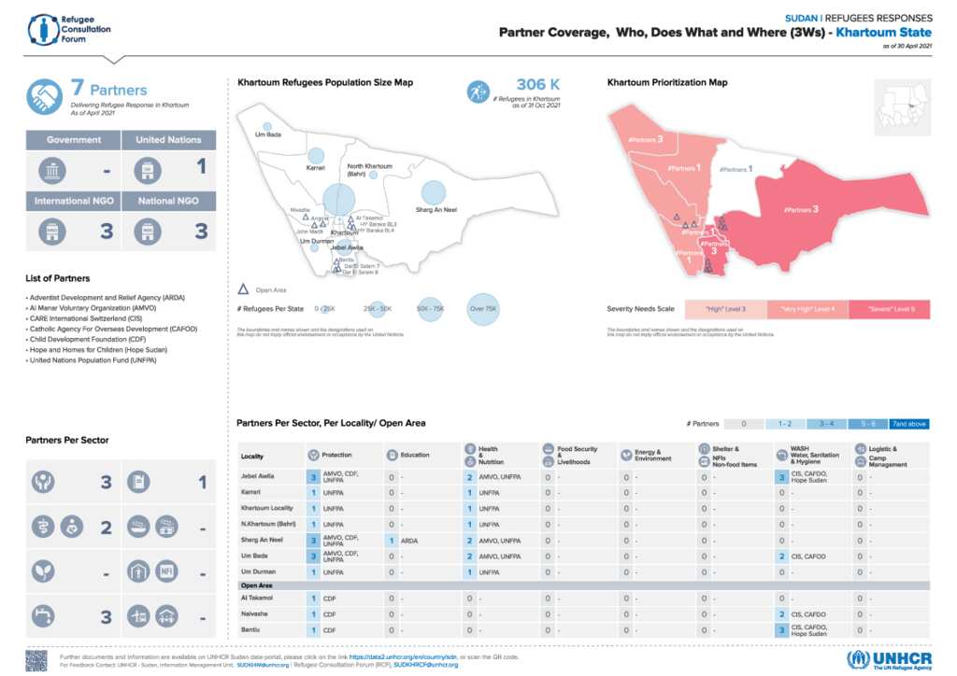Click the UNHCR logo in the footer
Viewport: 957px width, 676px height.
pyautogui.click(x=888, y=659)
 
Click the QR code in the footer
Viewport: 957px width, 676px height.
pyautogui.click(x=36, y=660)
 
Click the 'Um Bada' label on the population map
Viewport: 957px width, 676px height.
pyautogui.click(x=268, y=134)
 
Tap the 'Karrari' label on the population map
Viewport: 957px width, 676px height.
pyautogui.click(x=316, y=168)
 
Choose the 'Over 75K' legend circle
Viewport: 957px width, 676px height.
pyautogui.click(x=484, y=308)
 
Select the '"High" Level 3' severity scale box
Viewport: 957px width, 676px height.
pyautogui.click(x=724, y=308)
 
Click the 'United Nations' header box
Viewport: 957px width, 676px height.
pyautogui.click(x=168, y=140)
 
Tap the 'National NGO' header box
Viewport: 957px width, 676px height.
pyautogui.click(x=168, y=201)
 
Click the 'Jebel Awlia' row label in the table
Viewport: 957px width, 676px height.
pyautogui.click(x=258, y=476)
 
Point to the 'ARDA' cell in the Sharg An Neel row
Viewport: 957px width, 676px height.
pyautogui.click(x=409, y=540)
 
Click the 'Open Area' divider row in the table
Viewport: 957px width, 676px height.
pyautogui.click(x=584, y=584)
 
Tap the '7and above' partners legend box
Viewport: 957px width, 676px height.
pyautogui.click(x=909, y=424)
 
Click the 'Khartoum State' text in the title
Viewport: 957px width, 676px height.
pyautogui.click(x=884, y=33)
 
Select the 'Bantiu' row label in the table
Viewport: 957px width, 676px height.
pyautogui.click(x=252, y=631)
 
